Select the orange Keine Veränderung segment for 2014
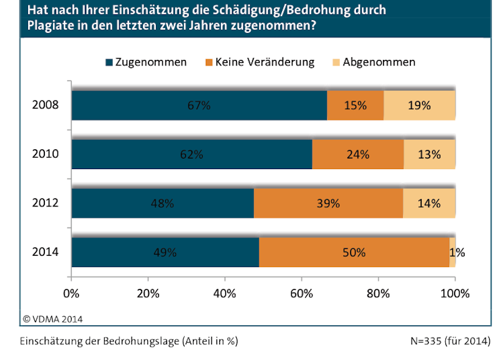coord(353,252)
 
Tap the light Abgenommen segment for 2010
coord(429,154)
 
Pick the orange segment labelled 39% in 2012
coord(328,203)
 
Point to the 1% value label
coord(457,253)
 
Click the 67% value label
coord(199,105)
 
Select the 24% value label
coord(357,154)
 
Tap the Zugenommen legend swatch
coord(110,62)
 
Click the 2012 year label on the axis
coord(45,203)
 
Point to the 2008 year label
coord(45,105)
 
